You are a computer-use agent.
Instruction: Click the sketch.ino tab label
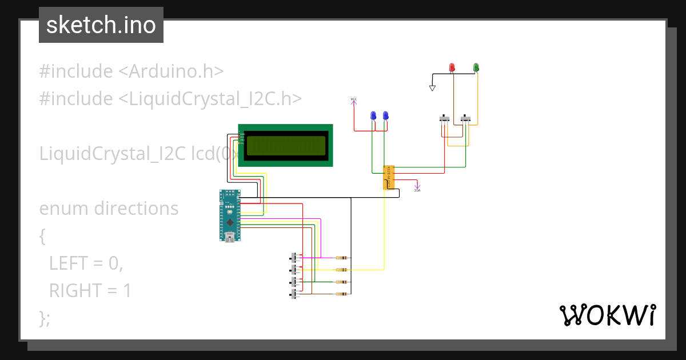tap(101, 25)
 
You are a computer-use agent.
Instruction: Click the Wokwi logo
tap(607, 315)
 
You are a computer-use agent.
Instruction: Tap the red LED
tap(452, 68)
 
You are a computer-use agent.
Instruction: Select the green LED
tap(476, 68)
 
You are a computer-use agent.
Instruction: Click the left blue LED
tap(373, 115)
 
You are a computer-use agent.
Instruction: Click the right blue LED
tap(385, 115)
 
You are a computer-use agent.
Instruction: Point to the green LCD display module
tap(285, 146)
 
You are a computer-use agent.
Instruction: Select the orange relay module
tap(388, 177)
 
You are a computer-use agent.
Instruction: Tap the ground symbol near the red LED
tap(432, 88)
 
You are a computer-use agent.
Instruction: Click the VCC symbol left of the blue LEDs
tap(353, 101)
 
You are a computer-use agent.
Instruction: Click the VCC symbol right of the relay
tap(417, 186)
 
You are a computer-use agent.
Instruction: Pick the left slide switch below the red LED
tap(444, 119)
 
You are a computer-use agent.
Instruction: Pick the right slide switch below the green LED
tap(466, 119)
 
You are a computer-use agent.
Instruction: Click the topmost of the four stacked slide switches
tap(295, 257)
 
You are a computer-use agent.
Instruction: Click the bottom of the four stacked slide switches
tap(295, 294)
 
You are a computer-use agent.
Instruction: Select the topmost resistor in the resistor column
tap(342, 258)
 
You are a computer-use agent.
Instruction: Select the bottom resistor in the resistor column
tap(342, 294)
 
